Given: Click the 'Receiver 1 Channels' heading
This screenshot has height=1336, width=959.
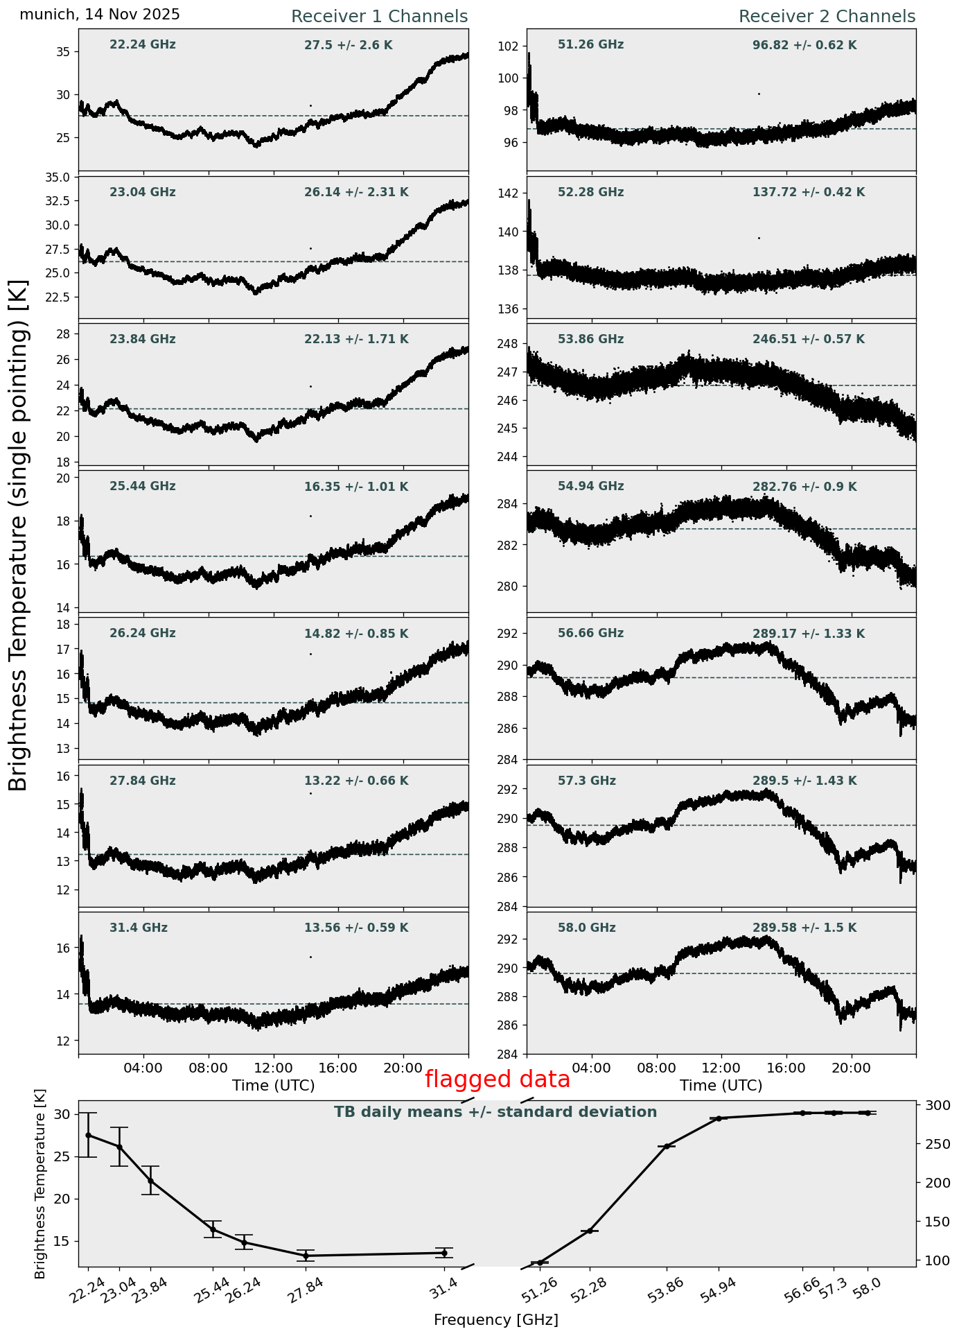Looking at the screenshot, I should pyautogui.click(x=379, y=17).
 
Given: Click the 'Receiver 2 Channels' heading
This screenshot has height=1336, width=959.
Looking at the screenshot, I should pyautogui.click(x=827, y=17).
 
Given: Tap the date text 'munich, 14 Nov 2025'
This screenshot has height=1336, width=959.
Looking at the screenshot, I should pyautogui.click(x=100, y=15).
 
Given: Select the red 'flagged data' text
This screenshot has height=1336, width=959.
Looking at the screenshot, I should pyautogui.click(x=497, y=1079).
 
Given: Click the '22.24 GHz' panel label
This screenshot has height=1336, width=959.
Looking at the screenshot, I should pyautogui.click(x=143, y=45).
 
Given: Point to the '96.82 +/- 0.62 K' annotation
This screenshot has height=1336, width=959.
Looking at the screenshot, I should pyautogui.click(x=804, y=46).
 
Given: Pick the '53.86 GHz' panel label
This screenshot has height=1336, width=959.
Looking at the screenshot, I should pyautogui.click(x=590, y=340).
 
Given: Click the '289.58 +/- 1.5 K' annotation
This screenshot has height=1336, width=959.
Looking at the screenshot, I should pyautogui.click(x=804, y=928).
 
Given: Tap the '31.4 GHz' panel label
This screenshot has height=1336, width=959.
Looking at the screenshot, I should pyautogui.click(x=139, y=928).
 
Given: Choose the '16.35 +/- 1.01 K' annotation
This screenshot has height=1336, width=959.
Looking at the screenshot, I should pyautogui.click(x=356, y=487).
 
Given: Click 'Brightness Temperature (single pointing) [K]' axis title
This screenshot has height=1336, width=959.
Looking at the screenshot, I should pyautogui.click(x=19, y=535).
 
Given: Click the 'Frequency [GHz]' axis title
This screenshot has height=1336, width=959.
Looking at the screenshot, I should pyautogui.click(x=495, y=1319).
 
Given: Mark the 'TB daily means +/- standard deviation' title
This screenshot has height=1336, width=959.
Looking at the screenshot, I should pyautogui.click(x=495, y=1113).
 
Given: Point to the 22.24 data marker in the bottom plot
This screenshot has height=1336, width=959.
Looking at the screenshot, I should pyautogui.click(x=88, y=1135).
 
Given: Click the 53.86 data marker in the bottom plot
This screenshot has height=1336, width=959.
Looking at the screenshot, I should pyautogui.click(x=667, y=1146).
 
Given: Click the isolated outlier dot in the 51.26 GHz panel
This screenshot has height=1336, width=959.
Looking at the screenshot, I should pyautogui.click(x=759, y=94).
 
